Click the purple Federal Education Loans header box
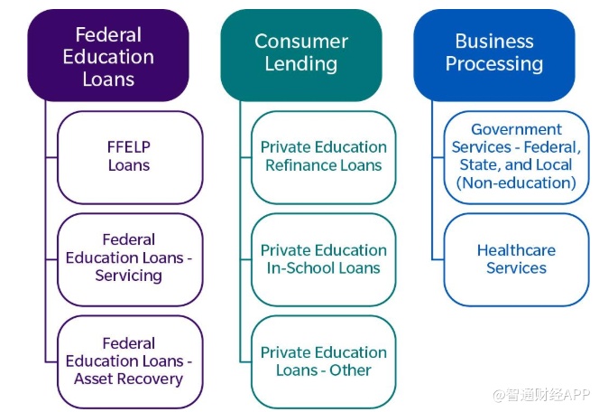point(108,55)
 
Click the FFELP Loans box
point(129,156)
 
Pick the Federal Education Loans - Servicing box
point(129,258)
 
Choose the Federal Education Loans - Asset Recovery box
point(129,361)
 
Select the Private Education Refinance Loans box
point(323,156)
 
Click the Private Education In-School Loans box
point(323,258)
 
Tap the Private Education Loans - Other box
point(323,361)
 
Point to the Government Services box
point(516,156)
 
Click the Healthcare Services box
point(516,258)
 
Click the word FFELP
point(129,147)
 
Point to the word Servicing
point(129,276)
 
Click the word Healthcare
point(516,250)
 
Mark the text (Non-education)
point(516,183)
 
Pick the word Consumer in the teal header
point(301,42)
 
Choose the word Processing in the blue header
point(494,65)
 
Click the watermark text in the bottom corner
point(540,395)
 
